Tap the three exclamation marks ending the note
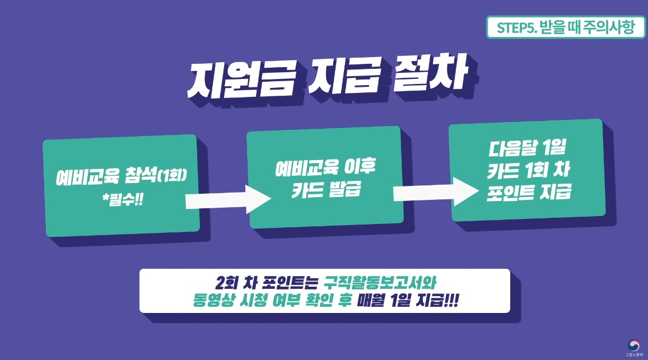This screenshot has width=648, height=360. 449,301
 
